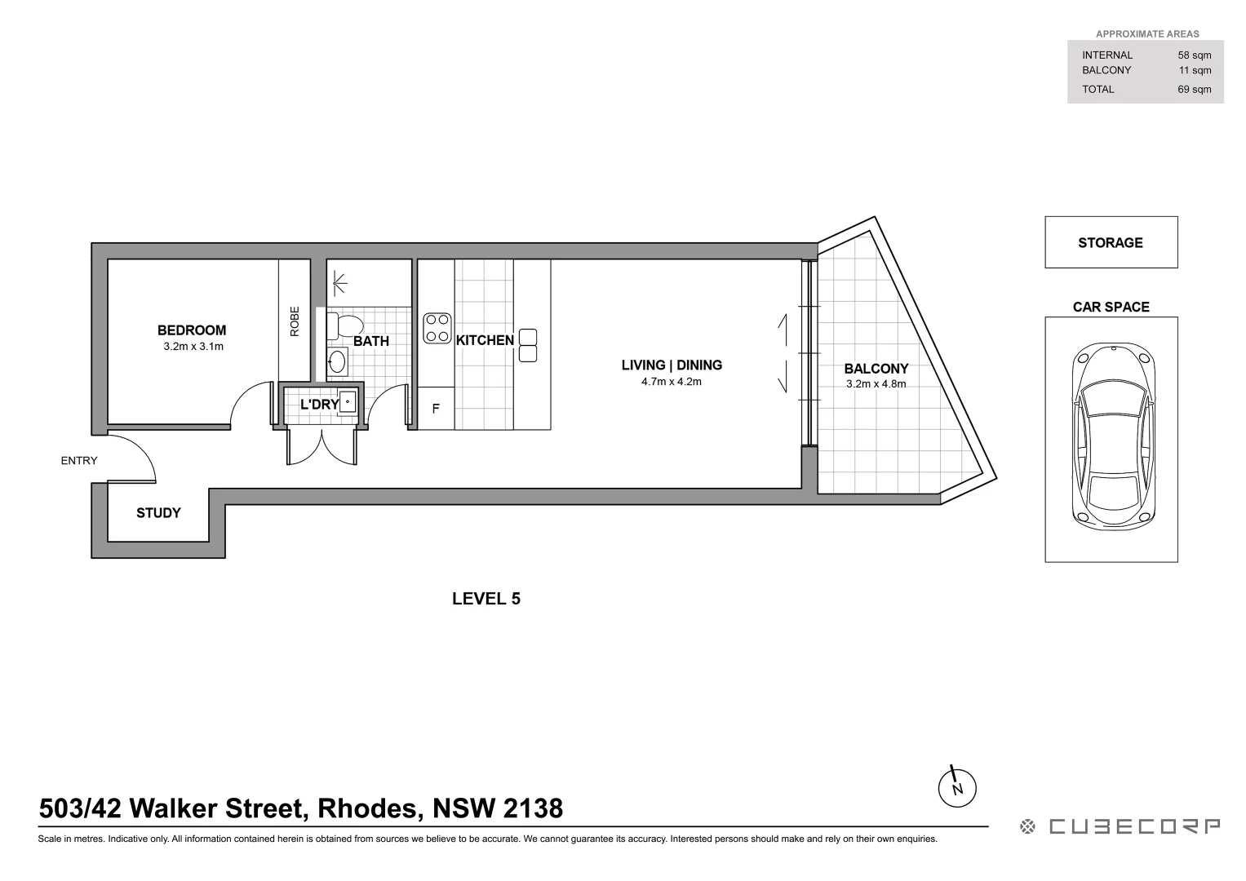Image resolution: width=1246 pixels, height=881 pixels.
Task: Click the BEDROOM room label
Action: [192, 330]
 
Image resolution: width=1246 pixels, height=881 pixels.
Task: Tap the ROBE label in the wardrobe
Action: [295, 321]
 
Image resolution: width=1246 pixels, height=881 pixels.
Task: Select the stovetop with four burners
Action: [437, 328]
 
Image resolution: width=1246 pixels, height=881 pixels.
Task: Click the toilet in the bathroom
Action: [342, 326]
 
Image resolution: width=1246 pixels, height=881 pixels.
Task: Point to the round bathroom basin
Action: [337, 361]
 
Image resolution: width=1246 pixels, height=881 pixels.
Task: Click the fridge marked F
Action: [436, 409]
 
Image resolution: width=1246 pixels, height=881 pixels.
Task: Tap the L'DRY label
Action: [319, 405]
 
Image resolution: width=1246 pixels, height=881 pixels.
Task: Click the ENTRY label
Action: [79, 461]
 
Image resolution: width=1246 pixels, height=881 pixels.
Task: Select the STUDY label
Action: [158, 513]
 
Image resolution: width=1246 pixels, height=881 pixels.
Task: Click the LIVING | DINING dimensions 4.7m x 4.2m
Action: [672, 382]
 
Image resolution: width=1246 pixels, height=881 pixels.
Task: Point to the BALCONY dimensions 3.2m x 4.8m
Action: [876, 384]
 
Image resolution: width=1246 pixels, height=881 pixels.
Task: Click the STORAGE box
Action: [1111, 242]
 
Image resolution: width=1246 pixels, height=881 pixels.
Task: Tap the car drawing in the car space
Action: [1114, 434]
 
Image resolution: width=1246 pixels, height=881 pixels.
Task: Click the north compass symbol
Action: [957, 787]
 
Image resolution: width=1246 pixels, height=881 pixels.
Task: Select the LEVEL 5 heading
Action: [486, 599]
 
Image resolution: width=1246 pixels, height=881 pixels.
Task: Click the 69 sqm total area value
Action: [1194, 90]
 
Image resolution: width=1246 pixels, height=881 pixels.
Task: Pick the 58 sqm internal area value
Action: [1194, 55]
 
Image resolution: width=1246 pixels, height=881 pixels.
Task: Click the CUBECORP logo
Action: [1120, 827]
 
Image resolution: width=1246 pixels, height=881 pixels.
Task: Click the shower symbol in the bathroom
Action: [339, 282]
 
